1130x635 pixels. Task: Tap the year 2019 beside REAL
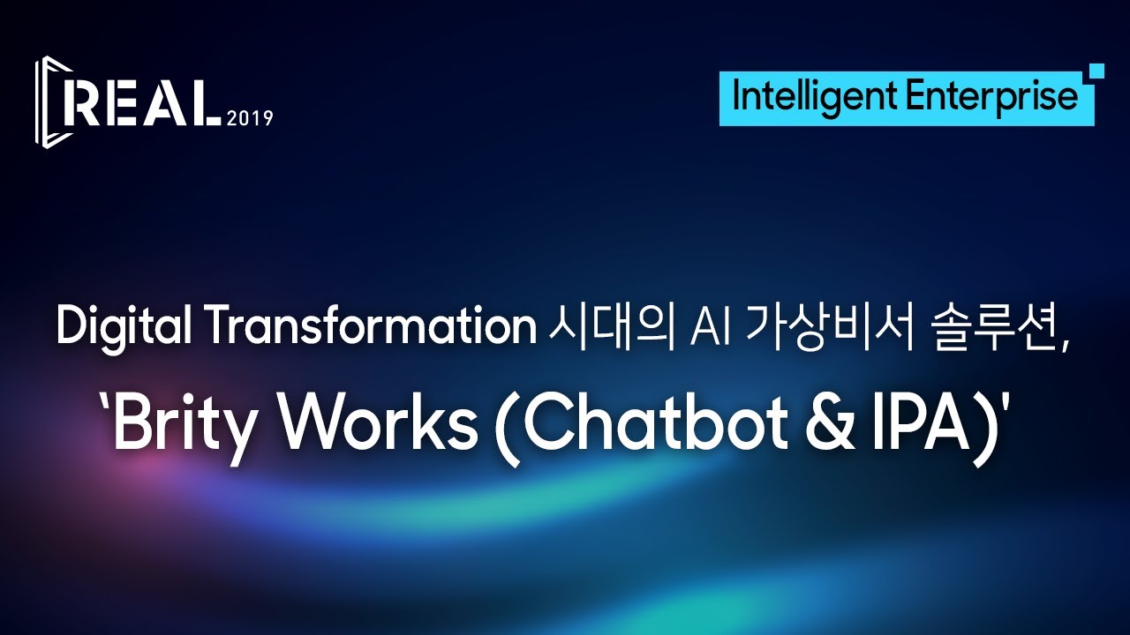pyautogui.click(x=250, y=118)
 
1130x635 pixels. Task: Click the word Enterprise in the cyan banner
pyautogui.click(x=991, y=96)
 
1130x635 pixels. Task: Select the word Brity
pyautogui.click(x=187, y=425)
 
